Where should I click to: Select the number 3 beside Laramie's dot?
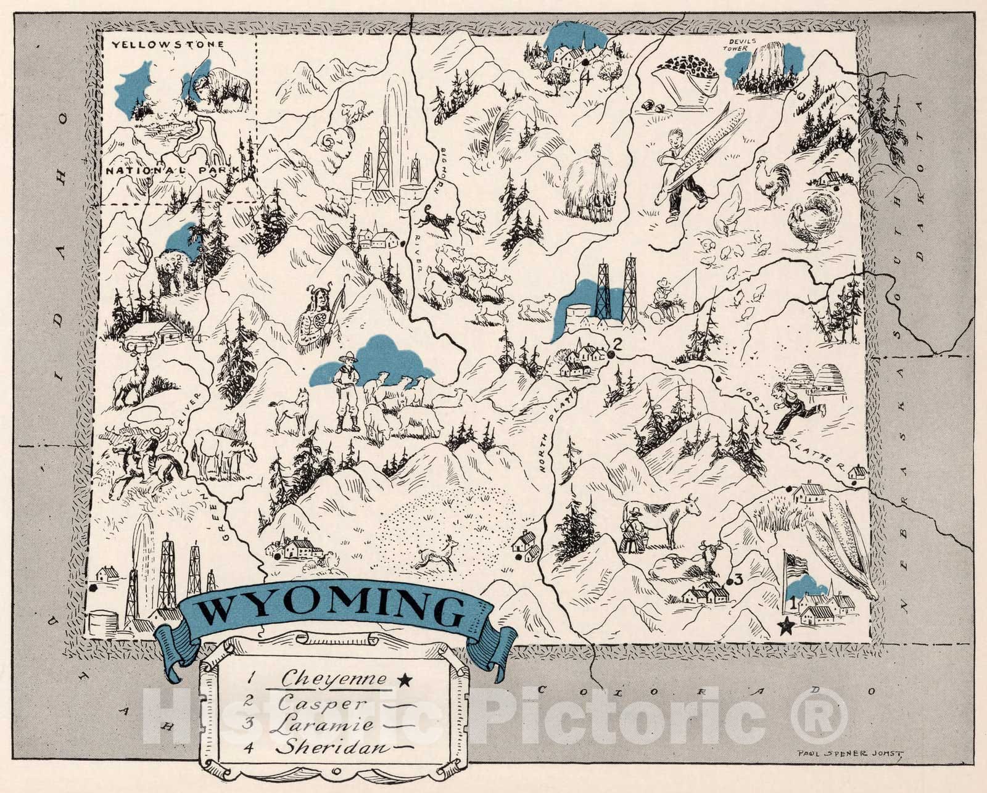[x=738, y=578]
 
